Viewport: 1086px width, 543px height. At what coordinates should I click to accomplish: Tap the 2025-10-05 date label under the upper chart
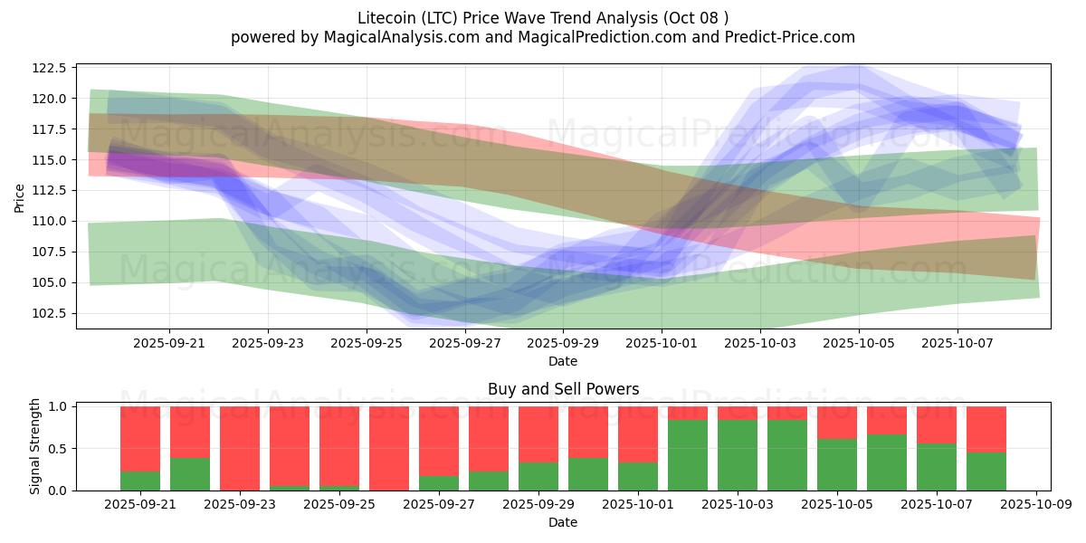pyautogui.click(x=859, y=344)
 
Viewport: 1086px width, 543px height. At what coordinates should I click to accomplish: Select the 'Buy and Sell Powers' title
pyautogui.click(x=563, y=390)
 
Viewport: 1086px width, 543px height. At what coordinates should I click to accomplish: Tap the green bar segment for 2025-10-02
pyautogui.click(x=688, y=455)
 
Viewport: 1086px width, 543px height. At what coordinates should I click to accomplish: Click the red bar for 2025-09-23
pyautogui.click(x=240, y=448)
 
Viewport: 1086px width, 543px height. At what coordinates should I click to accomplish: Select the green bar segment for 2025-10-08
pyautogui.click(x=986, y=472)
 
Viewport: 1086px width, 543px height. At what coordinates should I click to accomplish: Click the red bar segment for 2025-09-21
pyautogui.click(x=140, y=439)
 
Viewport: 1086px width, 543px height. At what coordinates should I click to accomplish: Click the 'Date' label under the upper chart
pyautogui.click(x=563, y=361)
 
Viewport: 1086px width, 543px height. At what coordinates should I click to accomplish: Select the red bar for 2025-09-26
pyautogui.click(x=389, y=448)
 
